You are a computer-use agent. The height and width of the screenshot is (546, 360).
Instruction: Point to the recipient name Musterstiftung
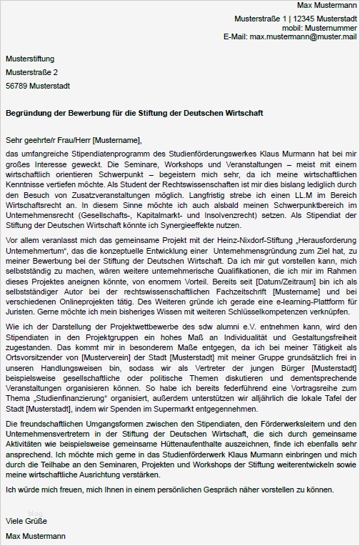(30, 59)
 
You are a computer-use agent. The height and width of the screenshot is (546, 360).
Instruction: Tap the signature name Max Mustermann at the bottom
(36, 536)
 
